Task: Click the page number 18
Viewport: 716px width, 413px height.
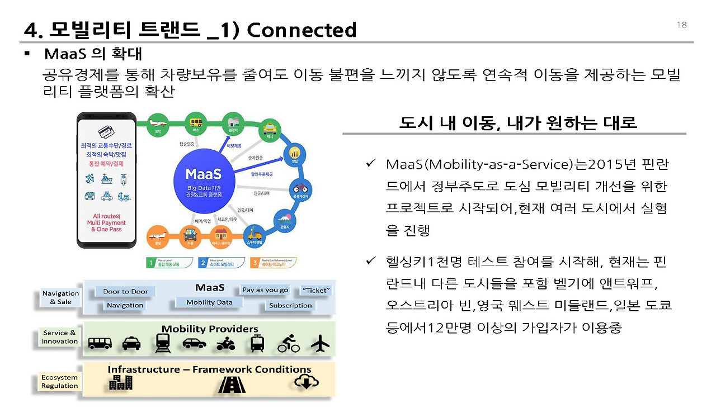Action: (681, 25)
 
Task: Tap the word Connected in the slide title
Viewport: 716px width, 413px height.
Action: (302, 29)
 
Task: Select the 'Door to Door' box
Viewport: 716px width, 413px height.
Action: (125, 291)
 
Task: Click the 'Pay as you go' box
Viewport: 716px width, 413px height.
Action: (265, 289)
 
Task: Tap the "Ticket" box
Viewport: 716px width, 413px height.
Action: (316, 290)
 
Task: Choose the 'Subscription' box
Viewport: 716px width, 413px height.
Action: (290, 305)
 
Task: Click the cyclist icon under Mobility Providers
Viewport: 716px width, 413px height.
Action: (289, 344)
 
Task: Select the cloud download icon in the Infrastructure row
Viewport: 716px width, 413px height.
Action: (306, 382)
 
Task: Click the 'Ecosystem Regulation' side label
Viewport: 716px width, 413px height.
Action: (60, 382)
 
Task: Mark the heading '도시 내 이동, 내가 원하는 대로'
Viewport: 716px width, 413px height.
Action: (517, 122)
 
